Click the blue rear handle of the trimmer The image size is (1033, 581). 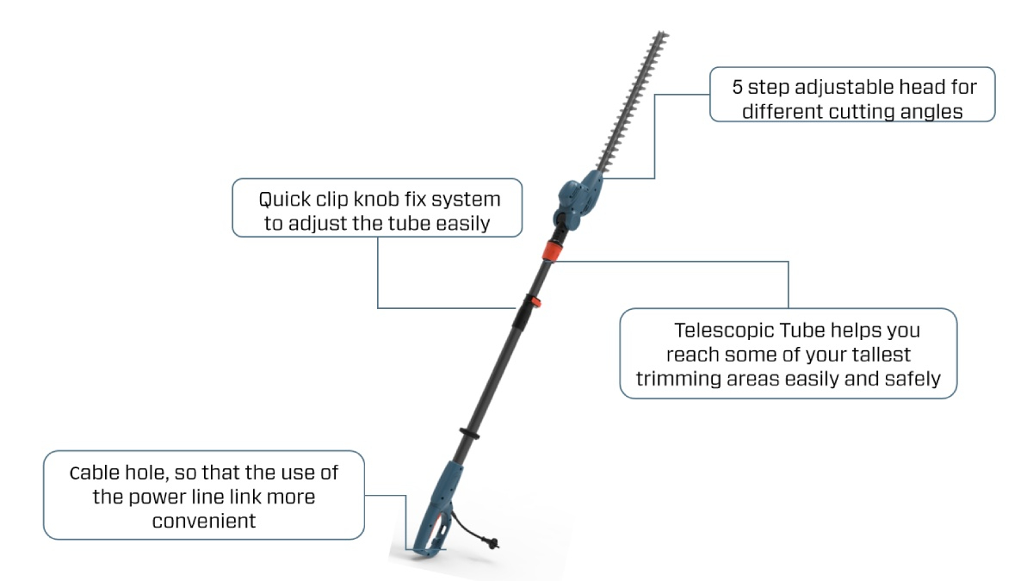click(x=438, y=508)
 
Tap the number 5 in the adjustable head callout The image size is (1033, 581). click(x=737, y=88)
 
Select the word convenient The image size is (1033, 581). click(x=204, y=521)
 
